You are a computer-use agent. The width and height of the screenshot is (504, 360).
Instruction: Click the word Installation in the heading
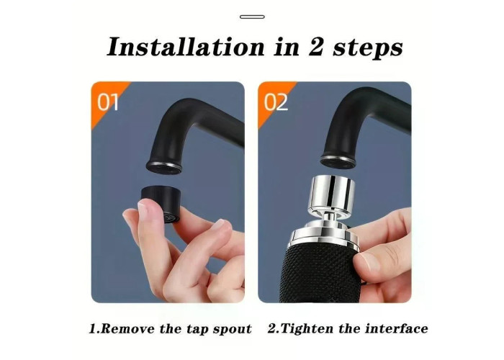pyautogui.click(x=186, y=47)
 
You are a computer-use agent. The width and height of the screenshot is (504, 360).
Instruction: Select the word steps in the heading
pyautogui.click(x=367, y=49)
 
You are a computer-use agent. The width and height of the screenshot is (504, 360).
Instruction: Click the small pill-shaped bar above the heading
pyautogui.click(x=252, y=17)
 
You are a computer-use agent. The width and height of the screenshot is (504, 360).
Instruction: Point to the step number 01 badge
pyautogui.click(x=108, y=102)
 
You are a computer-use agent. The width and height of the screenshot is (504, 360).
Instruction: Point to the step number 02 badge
pyautogui.click(x=275, y=102)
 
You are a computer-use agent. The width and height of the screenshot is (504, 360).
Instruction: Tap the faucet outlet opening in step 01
pyautogui.click(x=164, y=166)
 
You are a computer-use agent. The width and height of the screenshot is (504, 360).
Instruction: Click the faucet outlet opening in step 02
pyautogui.click(x=338, y=161)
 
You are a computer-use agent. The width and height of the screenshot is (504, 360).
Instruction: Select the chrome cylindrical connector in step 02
pyautogui.click(x=331, y=194)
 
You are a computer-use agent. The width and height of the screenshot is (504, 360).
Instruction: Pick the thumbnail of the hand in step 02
pyautogui.click(x=366, y=261)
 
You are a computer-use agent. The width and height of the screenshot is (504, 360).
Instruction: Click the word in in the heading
pyautogui.click(x=287, y=48)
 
